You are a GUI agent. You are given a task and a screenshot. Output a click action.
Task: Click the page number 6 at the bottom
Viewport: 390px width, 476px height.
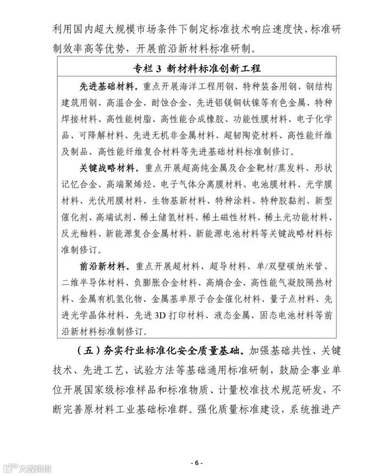click(196, 463)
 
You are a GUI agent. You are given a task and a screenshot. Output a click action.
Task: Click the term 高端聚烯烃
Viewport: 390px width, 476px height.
click(128, 184)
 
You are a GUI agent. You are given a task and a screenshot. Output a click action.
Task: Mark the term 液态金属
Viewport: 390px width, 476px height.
click(229, 315)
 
